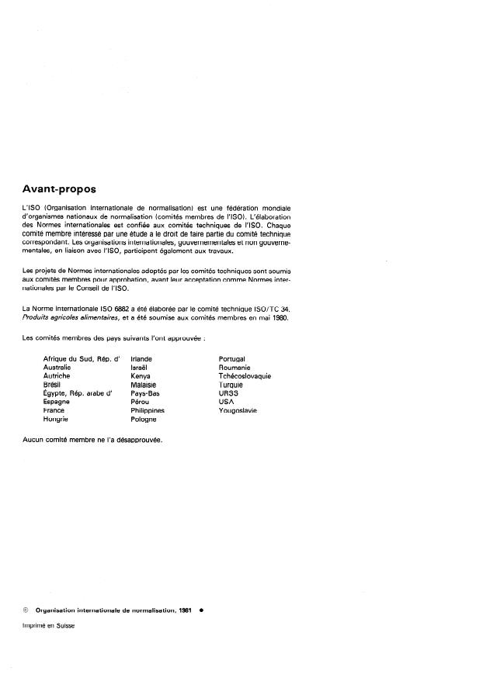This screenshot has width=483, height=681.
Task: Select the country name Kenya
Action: point(141,376)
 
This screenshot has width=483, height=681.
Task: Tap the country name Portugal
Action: point(233,359)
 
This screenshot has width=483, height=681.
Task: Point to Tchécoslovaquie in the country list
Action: point(245,376)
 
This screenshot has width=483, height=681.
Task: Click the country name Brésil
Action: point(54,385)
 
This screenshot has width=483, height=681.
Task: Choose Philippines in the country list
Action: point(148,410)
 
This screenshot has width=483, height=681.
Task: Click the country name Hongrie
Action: point(56,419)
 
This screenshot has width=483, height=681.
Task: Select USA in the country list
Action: point(227,402)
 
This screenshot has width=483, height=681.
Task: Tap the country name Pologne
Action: point(144,419)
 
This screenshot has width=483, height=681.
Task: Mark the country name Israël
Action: point(140,368)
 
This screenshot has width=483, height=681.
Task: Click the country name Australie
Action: point(57,368)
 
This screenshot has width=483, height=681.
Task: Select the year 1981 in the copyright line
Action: point(185,610)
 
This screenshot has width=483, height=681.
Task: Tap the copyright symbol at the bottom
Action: point(27,610)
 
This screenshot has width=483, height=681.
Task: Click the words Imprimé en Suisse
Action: point(49,626)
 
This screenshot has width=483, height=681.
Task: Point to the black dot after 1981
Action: point(201,610)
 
